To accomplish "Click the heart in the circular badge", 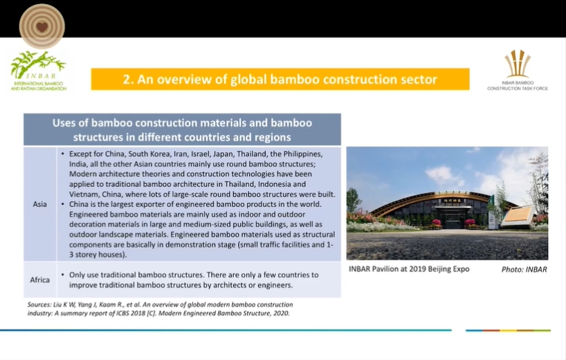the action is click(x=42, y=27).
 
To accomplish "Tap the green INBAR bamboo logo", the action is click(x=38, y=71).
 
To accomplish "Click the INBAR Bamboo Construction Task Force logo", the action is click(x=518, y=70).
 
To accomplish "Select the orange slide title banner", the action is click(x=280, y=79).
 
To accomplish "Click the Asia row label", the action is click(x=39, y=204).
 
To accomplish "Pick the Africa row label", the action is click(x=39, y=280).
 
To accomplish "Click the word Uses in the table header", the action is click(x=64, y=123).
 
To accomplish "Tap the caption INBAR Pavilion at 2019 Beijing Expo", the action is click(x=409, y=269).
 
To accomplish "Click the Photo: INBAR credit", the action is click(x=524, y=269).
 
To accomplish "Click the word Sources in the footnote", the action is click(x=39, y=305).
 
